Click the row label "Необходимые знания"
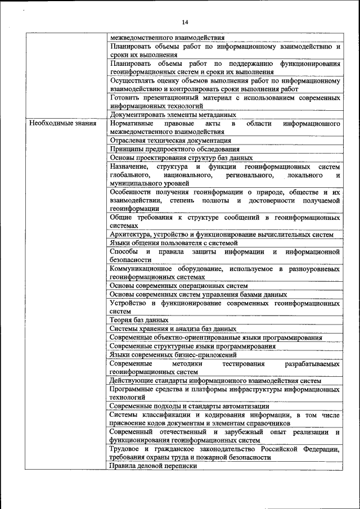point(62,123)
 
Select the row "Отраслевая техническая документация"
point(170,141)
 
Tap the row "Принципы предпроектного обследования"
point(175,150)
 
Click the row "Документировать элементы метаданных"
point(173,114)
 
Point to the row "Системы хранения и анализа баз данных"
point(173,329)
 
